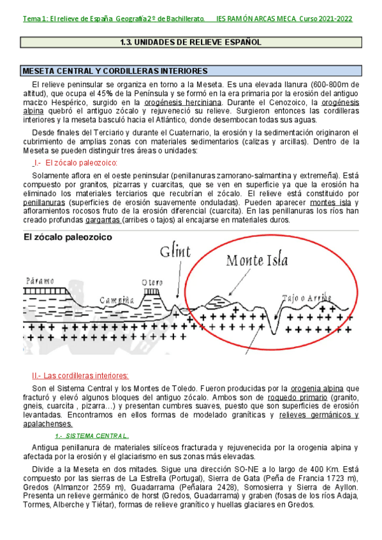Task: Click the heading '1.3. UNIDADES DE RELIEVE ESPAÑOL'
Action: (191, 43)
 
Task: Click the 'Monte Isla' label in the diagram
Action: (257, 260)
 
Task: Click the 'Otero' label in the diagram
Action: (152, 283)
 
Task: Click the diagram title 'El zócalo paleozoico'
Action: (68, 237)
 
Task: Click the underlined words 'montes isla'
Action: (332, 202)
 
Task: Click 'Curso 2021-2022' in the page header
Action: (327, 18)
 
